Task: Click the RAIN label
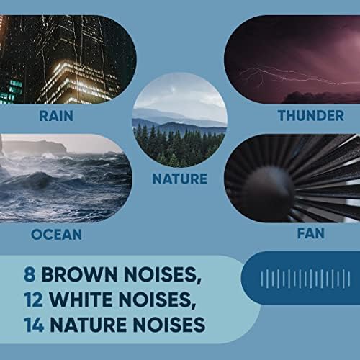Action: (x=56, y=116)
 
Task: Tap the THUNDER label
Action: (x=311, y=116)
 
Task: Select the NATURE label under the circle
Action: (x=179, y=179)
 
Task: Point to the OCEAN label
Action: (x=57, y=235)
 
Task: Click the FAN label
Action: (x=311, y=233)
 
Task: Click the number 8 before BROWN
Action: (x=30, y=274)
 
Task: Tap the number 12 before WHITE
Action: (x=33, y=300)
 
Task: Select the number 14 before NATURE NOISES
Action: (x=34, y=325)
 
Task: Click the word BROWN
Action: (x=80, y=274)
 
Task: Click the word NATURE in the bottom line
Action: (x=89, y=325)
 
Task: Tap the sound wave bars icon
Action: (x=305, y=279)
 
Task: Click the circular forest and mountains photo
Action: (x=179, y=120)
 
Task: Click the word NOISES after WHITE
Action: (x=158, y=300)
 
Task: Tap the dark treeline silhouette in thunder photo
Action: (x=322, y=97)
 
